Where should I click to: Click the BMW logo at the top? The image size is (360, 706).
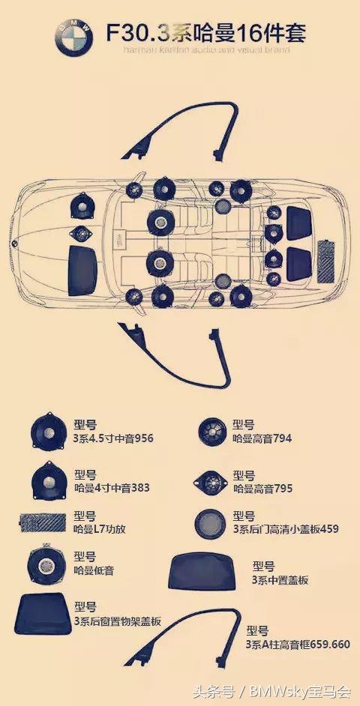coord(73,38)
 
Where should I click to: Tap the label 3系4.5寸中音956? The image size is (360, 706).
coord(113,438)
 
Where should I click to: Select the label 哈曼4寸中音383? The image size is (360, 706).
coord(112,487)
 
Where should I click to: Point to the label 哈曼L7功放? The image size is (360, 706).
coord(100,528)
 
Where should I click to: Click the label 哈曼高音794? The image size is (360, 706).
coord(262,438)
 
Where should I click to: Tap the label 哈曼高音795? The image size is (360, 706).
coord(262,488)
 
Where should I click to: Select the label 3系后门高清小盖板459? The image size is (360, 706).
coord(286,528)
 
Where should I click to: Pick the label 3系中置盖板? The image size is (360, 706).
coord(280,579)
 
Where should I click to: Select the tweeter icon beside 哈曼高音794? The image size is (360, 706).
coord(212,432)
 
